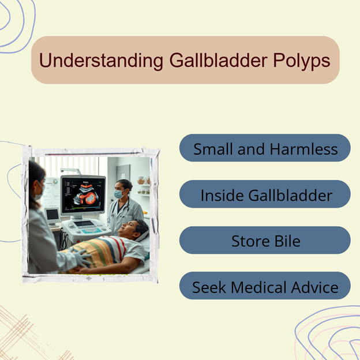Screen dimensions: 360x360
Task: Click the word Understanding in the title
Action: tap(102, 61)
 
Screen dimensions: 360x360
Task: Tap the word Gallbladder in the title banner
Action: tap(218, 60)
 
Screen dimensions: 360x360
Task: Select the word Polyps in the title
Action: tap(302, 61)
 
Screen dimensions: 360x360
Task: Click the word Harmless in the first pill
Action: tap(303, 149)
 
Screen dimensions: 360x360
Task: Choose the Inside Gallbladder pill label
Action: tap(267, 196)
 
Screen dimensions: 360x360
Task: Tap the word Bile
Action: tap(287, 241)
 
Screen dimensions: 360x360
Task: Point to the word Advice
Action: tap(315, 287)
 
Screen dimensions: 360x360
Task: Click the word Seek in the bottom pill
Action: tap(209, 287)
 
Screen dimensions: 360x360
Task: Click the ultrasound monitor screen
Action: tap(83, 195)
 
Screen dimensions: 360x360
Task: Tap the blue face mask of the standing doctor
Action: tap(119, 194)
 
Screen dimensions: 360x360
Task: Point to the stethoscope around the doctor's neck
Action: tap(121, 208)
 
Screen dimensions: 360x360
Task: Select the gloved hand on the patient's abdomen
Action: tap(81, 257)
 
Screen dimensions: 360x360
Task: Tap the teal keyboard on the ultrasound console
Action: tap(92, 231)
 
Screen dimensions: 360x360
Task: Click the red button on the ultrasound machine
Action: tap(78, 241)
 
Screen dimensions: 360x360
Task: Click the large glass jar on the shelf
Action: tap(141, 181)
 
